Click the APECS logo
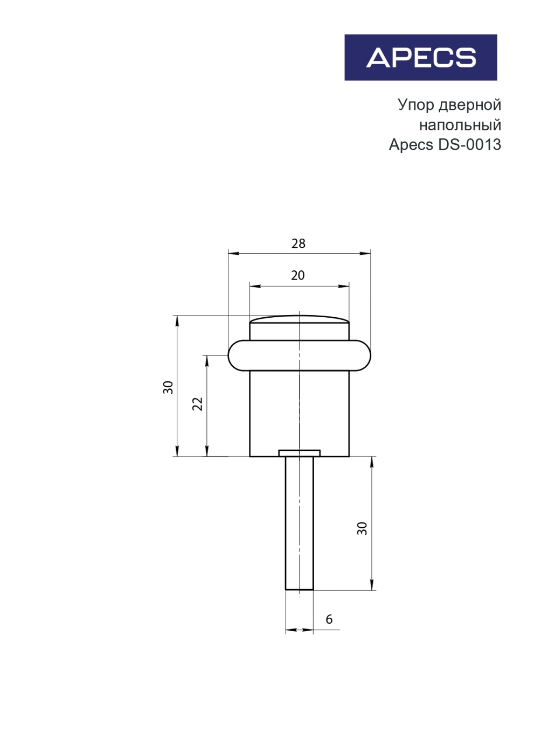click(420, 57)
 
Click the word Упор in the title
click(416, 106)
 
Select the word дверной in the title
click(470, 106)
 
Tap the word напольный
click(460, 125)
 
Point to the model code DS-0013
click(469, 144)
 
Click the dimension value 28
click(299, 243)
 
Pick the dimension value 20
click(297, 275)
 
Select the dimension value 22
click(198, 403)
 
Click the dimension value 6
click(329, 619)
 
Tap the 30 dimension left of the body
click(168, 387)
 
